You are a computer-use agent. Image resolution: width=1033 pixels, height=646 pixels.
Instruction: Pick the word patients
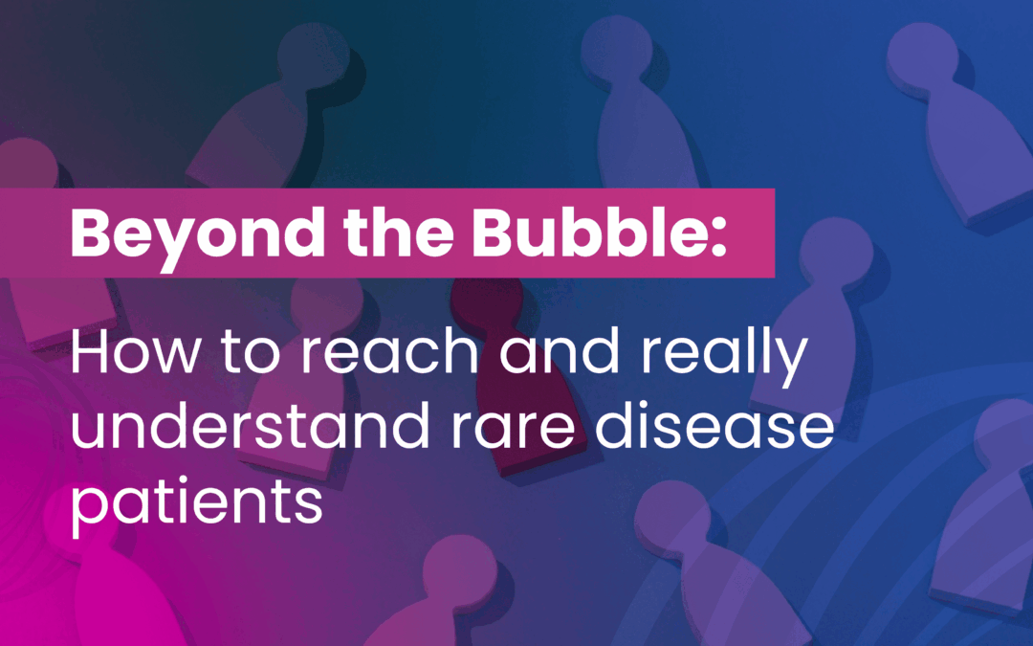click(196, 504)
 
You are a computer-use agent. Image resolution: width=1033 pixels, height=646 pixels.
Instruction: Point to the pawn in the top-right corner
click(942, 115)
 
